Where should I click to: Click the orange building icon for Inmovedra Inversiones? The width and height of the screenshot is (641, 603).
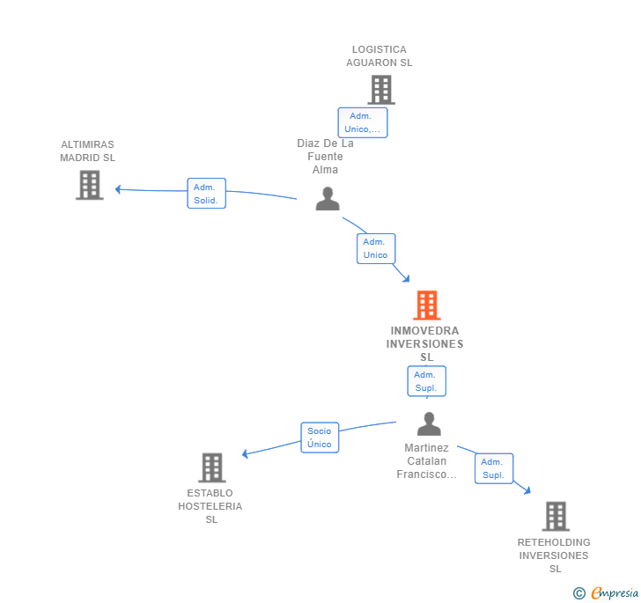click(426, 305)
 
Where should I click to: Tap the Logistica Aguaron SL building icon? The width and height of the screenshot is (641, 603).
click(380, 90)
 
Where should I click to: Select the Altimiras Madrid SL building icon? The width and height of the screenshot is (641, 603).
click(89, 185)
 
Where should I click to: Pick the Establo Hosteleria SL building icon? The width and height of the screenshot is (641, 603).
click(211, 467)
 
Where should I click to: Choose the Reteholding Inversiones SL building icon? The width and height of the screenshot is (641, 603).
click(555, 516)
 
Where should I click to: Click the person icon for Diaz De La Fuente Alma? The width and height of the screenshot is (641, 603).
click(328, 199)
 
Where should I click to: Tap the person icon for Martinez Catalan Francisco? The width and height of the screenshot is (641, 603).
click(428, 424)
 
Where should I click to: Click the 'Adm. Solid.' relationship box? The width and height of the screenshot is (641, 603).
click(207, 194)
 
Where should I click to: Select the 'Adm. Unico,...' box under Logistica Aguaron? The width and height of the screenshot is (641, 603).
click(362, 122)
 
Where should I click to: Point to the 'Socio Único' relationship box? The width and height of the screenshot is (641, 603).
click(320, 438)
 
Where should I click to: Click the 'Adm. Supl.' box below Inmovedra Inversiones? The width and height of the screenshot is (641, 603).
click(426, 381)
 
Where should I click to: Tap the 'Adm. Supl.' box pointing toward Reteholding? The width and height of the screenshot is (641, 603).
click(493, 468)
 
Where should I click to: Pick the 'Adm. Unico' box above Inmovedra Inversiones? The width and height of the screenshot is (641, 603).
click(376, 248)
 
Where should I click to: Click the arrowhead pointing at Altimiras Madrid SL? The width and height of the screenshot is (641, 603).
click(118, 189)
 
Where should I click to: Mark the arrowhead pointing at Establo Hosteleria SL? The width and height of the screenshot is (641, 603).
click(246, 454)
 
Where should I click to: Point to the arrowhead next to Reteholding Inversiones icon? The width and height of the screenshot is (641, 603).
click(527, 490)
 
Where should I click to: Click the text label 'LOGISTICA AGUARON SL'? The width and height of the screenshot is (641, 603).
click(379, 56)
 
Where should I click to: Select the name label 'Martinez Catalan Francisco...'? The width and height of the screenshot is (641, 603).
click(427, 461)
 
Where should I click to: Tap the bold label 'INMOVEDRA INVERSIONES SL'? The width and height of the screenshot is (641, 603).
click(426, 344)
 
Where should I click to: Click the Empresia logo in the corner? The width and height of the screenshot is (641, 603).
click(607, 593)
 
